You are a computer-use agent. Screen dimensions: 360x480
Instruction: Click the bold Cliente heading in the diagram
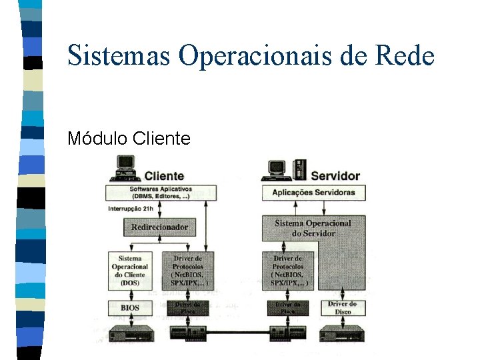[164, 176]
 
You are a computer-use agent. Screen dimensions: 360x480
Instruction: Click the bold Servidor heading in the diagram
[335, 176]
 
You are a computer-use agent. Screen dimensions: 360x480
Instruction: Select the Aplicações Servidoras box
[313, 193]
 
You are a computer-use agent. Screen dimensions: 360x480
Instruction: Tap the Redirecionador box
[160, 227]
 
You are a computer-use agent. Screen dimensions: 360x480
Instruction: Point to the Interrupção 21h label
[131, 209]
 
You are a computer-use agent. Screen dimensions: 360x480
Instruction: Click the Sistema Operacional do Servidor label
[313, 228]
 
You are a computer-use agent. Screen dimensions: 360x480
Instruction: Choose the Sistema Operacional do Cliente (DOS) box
[130, 270]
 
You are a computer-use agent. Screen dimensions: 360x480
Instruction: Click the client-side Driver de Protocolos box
[189, 270]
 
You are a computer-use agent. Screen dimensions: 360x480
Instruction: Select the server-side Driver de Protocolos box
[289, 270]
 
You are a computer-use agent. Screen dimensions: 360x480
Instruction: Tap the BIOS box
[130, 307]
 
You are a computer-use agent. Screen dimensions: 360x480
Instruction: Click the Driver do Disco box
[343, 307]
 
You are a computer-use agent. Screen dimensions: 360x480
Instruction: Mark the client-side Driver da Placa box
[189, 307]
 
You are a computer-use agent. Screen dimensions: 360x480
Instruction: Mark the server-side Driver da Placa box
[289, 307]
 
